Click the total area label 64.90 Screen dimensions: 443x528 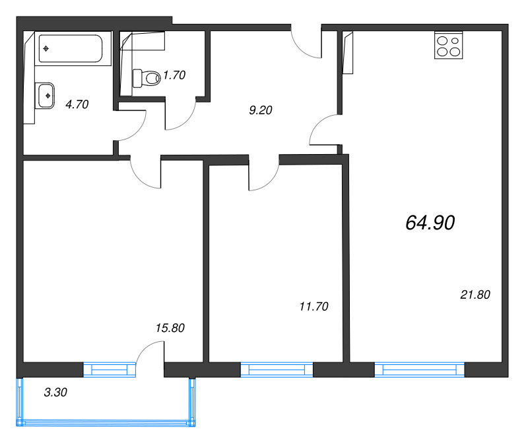pos(430,223)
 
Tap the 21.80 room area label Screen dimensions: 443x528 pos(475,295)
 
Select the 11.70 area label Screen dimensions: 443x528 pos(313,306)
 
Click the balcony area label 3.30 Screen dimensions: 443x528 pos(56,392)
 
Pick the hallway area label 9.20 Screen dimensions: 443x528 pos(261,111)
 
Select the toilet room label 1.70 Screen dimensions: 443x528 pos(174,75)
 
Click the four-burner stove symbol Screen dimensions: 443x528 pos(449,46)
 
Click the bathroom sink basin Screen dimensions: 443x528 pos(47,95)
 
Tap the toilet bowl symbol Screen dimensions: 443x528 pos(147,79)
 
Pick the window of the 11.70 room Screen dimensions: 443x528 pos(276,370)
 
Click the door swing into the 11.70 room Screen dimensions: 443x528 pos(264,175)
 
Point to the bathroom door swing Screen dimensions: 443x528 pos(131,126)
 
